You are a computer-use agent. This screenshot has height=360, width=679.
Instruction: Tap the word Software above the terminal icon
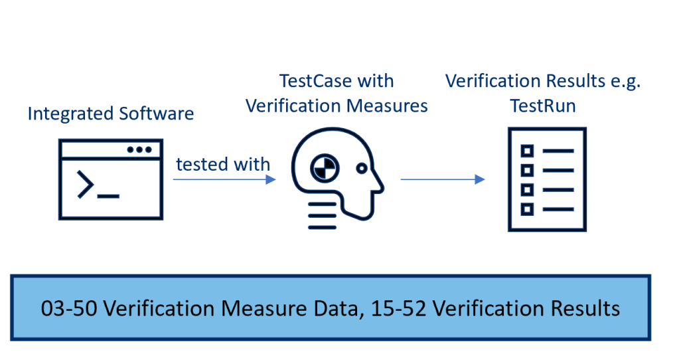point(156,114)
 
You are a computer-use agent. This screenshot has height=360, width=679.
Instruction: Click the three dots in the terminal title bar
point(139,150)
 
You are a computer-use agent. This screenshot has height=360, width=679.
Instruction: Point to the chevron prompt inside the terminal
point(86,185)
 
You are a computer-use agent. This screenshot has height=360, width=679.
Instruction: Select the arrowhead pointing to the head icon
point(270,179)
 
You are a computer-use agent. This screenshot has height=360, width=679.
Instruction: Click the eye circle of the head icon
point(362,169)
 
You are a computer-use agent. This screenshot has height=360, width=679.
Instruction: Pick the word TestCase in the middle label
point(309,82)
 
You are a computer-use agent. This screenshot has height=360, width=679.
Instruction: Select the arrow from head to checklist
point(442,179)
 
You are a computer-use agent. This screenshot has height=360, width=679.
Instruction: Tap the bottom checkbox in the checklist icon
point(527,209)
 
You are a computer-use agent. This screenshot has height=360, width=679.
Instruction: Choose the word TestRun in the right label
point(543,106)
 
